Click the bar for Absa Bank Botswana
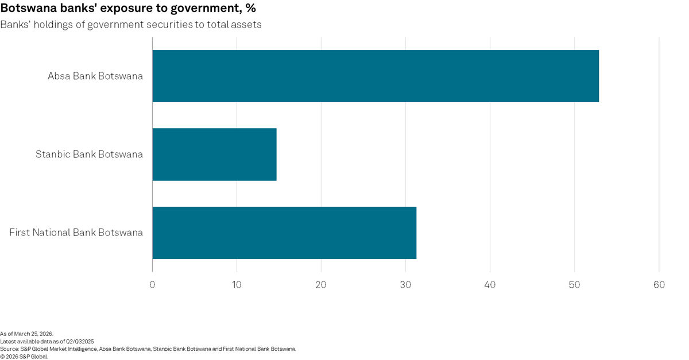coord(376,76)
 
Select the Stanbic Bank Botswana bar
coord(214,154)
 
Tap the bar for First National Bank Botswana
coord(284,233)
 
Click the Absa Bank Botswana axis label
coord(95,76)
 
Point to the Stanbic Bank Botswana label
coord(89,154)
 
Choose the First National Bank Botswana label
coord(76,233)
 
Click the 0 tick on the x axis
coord(152,285)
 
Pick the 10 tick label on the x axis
coord(237,285)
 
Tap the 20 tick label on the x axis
coord(321,285)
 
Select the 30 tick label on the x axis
coord(405,285)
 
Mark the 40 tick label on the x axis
coord(490,285)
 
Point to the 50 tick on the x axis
coord(574,285)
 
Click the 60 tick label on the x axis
coord(659,285)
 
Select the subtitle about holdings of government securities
coord(131,25)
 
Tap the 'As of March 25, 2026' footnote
coord(26,334)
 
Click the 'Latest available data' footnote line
coord(47,341)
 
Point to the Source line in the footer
coord(148,349)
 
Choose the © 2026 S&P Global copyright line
coord(24,356)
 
